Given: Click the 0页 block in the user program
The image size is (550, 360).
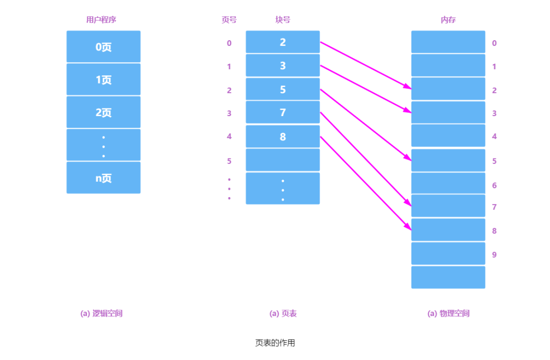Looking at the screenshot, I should click(103, 47).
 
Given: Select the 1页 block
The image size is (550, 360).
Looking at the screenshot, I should click(103, 79).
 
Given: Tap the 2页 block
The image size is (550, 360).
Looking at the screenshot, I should click(103, 112).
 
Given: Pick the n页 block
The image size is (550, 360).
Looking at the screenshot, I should click(103, 178).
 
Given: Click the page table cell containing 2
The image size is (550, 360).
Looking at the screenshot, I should click(283, 42).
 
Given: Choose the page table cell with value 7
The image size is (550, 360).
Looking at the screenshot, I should click(283, 113).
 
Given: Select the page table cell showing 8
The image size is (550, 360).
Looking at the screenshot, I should click(283, 136).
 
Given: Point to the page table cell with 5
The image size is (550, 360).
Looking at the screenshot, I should click(283, 89).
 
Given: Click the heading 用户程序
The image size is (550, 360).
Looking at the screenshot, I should click(101, 20).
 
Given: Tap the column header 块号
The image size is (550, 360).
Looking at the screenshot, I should click(283, 20).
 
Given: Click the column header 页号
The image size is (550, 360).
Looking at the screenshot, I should click(229, 20).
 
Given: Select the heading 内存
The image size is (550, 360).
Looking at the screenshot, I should click(448, 20).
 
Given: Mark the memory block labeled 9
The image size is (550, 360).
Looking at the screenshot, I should click(448, 254).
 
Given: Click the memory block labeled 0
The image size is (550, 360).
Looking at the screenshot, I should click(448, 42).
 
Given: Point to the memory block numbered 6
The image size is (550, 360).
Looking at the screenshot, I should click(448, 183).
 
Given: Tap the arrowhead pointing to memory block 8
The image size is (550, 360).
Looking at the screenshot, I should click(408, 227).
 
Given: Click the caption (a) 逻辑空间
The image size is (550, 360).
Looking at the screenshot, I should click(101, 313).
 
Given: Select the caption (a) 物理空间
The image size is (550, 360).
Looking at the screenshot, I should click(448, 313).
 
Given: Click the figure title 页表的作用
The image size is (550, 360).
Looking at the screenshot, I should click(275, 343).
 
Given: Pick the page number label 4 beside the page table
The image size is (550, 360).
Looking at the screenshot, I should click(229, 136).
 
